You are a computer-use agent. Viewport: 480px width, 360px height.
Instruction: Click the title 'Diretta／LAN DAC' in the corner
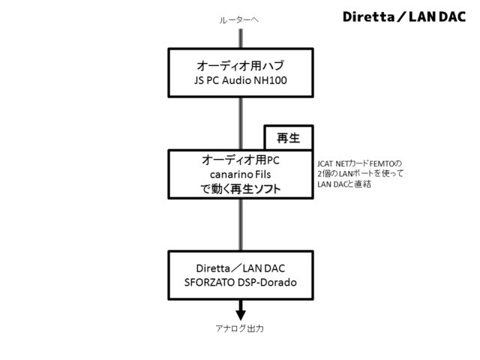pyautogui.click(x=404, y=16)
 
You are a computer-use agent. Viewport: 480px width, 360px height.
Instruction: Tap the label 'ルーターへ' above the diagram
pyautogui.click(x=240, y=20)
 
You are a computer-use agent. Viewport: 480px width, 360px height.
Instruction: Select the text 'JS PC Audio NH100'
pyautogui.click(x=241, y=79)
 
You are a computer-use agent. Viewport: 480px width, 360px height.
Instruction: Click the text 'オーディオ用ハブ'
pyautogui.click(x=241, y=64)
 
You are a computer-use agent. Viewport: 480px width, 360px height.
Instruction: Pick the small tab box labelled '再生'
pyautogui.click(x=289, y=138)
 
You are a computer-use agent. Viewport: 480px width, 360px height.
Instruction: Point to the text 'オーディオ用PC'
pyautogui.click(x=241, y=160)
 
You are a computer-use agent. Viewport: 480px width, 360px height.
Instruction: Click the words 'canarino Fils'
pyautogui.click(x=241, y=175)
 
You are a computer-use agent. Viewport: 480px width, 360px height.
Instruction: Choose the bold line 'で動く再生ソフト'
pyautogui.click(x=241, y=190)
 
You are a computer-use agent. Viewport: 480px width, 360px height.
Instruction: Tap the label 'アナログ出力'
pyautogui.click(x=241, y=329)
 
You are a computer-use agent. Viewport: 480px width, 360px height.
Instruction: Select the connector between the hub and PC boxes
pyautogui.click(x=241, y=123)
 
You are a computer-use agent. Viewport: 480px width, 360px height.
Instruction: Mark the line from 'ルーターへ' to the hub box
pyautogui.click(x=241, y=37)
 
